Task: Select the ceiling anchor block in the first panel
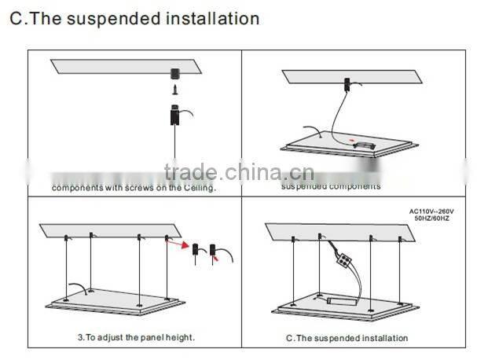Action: tap(174, 74)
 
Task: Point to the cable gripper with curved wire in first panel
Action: tap(174, 117)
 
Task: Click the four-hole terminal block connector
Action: tap(341, 255)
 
